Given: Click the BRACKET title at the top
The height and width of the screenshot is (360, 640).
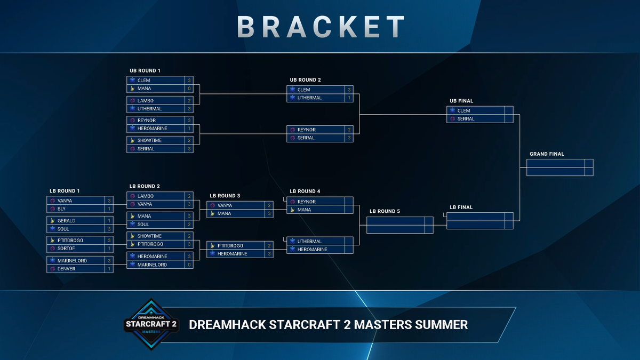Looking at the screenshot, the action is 321,26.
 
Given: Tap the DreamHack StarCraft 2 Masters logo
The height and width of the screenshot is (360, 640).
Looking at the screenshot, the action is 150,324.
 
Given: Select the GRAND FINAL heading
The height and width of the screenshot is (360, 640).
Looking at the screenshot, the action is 547,154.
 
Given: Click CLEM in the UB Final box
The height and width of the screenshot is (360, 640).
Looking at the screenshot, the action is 463,110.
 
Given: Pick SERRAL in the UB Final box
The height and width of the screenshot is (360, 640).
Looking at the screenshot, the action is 466,119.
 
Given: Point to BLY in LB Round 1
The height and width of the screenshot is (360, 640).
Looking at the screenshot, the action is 62,209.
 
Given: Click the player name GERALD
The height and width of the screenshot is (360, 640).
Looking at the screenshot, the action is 66,220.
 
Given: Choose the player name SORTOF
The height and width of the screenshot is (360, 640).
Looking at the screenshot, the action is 66,249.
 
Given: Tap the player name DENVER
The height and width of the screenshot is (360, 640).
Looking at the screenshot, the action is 66,269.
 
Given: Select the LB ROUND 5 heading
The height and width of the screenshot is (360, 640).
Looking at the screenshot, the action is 384,211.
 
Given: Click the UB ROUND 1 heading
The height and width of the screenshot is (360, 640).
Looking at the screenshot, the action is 145,70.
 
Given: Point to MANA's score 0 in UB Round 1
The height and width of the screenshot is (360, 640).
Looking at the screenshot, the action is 189,89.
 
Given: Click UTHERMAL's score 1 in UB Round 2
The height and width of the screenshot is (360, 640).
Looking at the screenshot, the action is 349,98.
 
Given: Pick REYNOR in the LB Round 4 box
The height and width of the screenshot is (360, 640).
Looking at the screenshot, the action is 307,202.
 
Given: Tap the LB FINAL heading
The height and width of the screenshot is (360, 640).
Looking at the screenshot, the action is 461,207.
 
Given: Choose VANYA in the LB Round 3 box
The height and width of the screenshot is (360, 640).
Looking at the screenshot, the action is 225,205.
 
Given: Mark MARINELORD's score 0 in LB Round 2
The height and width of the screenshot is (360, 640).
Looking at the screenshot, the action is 189,265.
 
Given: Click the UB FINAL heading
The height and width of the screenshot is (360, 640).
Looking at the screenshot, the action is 461,101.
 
